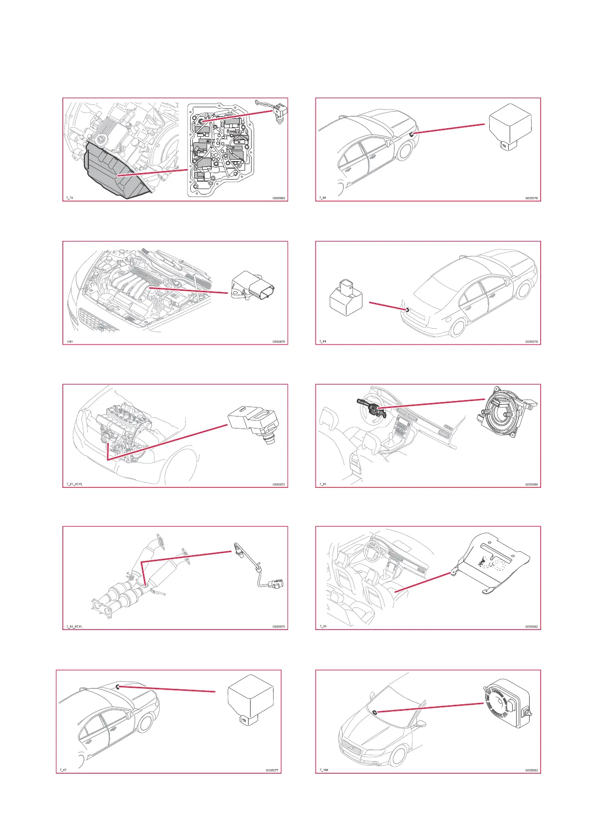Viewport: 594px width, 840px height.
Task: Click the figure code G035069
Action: [x=279, y=199]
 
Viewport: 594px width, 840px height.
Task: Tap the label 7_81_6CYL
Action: [x=74, y=484]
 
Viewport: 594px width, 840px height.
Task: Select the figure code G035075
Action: [x=279, y=627]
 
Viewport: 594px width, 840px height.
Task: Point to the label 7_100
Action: [x=324, y=770]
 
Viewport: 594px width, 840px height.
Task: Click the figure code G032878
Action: [x=279, y=342]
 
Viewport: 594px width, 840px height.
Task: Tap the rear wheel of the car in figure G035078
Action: [x=406, y=150]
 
